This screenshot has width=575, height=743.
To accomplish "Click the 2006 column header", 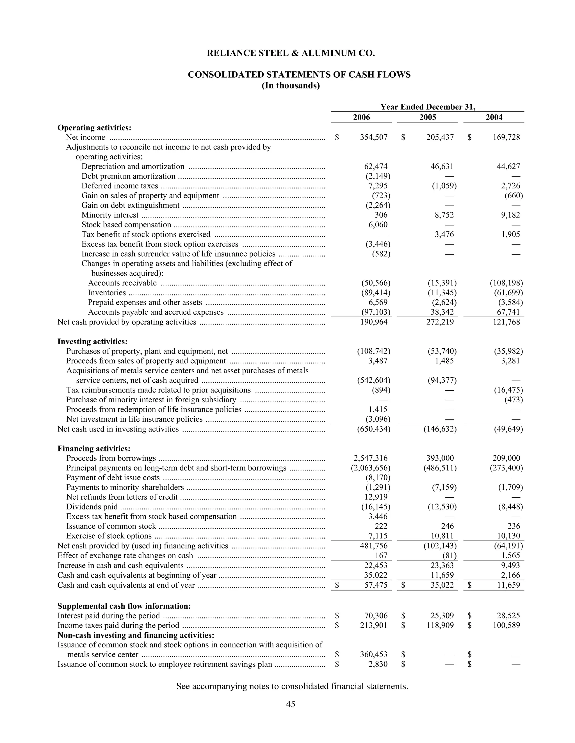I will pyautogui.click(x=361, y=117).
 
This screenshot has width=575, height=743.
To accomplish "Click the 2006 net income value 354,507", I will pyautogui.click(x=374, y=137).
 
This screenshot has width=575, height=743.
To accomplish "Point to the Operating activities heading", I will pyautogui.click(x=94, y=128).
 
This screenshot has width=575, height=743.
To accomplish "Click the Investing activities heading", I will pyautogui.click(x=92, y=341).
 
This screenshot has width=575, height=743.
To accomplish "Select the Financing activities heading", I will pyautogui.click(x=94, y=448).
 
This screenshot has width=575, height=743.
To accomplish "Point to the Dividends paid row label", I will pyautogui.click(x=92, y=507).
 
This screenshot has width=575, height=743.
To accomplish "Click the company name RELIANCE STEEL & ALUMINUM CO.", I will pyautogui.click(x=291, y=53).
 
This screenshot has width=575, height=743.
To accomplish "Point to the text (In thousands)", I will pyautogui.click(x=291, y=86).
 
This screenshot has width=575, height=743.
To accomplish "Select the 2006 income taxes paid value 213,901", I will pyautogui.click(x=374, y=625).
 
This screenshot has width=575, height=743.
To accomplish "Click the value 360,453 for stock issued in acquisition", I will pyautogui.click(x=374, y=655).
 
